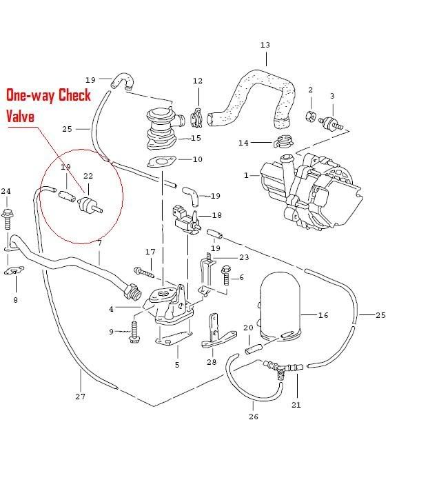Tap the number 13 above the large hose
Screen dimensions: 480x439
click(265, 46)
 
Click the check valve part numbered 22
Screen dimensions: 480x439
click(89, 205)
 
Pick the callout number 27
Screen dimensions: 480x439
click(81, 397)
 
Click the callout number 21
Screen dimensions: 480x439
click(296, 405)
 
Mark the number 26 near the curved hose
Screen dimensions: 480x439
click(252, 417)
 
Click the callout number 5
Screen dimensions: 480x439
click(177, 364)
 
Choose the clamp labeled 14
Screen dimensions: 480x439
click(282, 144)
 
